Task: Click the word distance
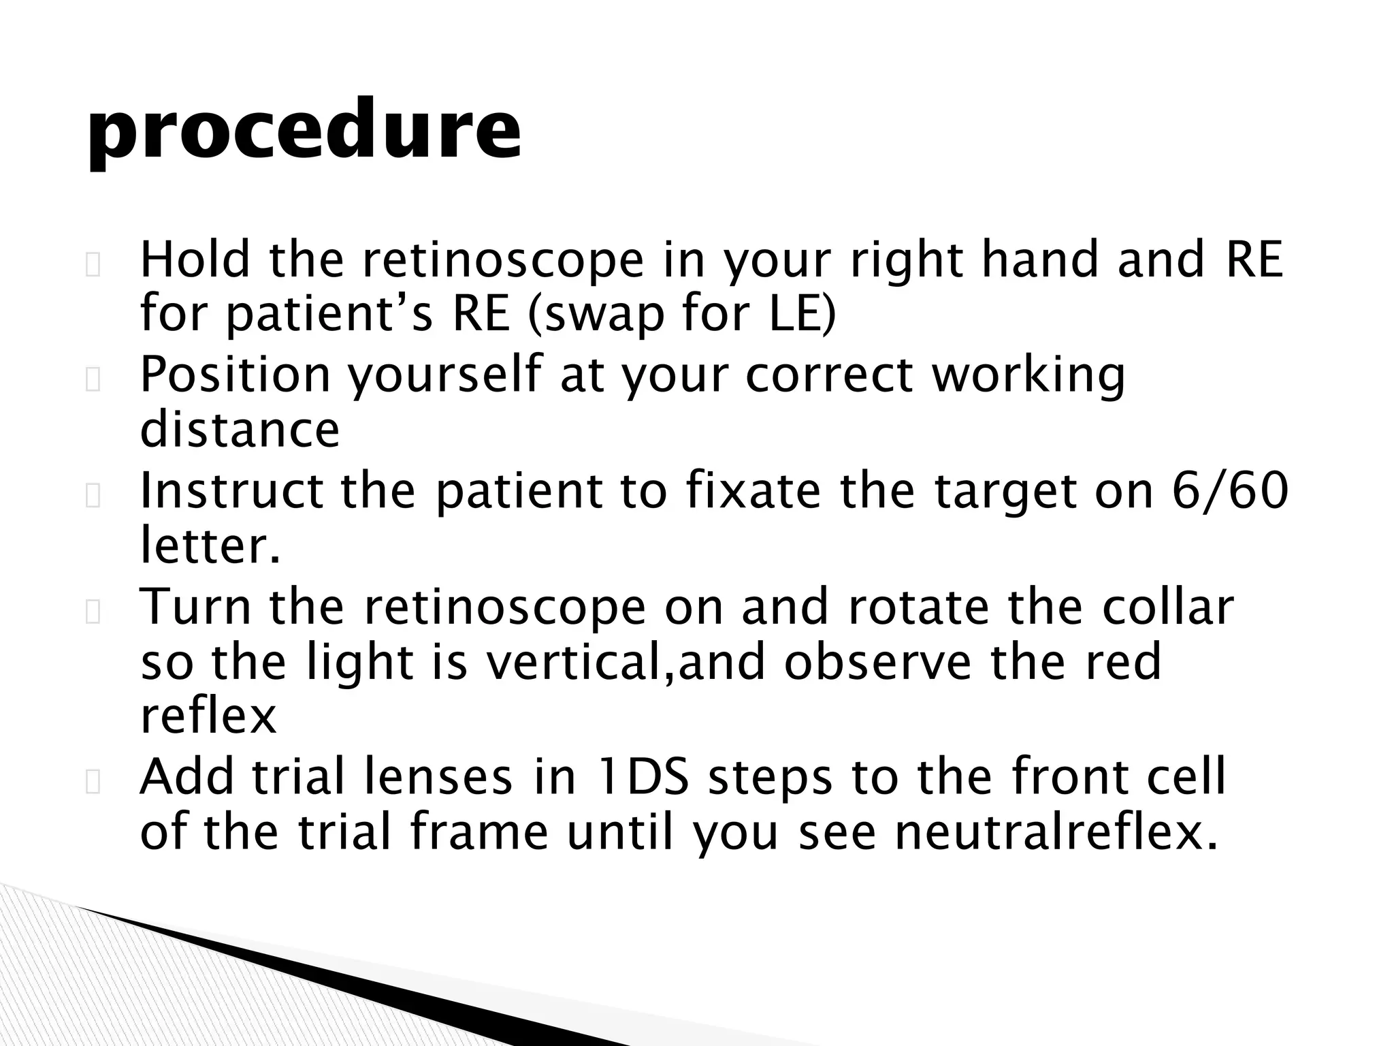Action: point(240,430)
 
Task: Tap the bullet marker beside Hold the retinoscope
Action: point(93,266)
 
